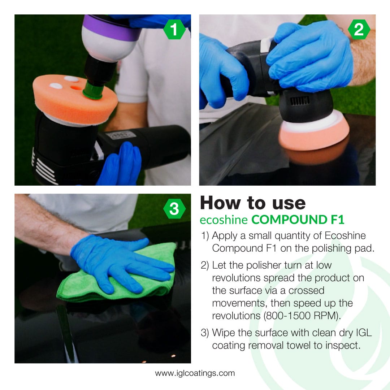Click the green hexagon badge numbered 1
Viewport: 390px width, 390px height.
174,30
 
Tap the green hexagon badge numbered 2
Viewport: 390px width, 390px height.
359,30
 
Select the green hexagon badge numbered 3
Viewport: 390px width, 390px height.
174,209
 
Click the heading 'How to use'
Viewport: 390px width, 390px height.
253,203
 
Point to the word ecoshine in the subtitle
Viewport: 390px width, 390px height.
224,220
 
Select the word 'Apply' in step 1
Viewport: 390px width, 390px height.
226,236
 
